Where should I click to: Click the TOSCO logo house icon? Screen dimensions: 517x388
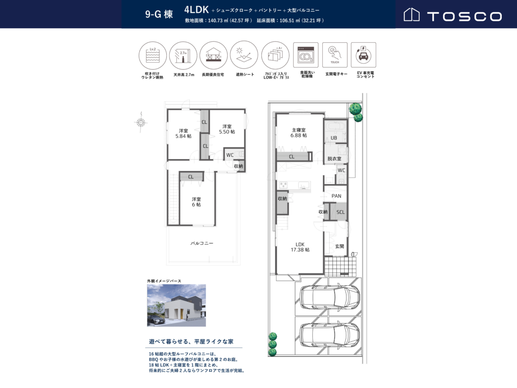point(411,14)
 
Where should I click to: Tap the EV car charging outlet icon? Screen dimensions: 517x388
point(364,55)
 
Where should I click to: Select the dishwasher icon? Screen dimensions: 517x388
point(306,55)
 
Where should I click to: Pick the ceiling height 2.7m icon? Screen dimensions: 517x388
point(183,56)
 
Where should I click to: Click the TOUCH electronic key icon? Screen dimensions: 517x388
point(335,55)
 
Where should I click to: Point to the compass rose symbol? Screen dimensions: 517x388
point(141,122)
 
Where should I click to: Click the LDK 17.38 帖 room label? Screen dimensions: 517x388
point(300,247)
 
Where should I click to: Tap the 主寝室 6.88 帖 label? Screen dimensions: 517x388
point(299,133)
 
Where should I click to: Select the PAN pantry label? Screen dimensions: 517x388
point(336,196)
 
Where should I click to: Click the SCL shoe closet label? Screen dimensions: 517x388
point(341,212)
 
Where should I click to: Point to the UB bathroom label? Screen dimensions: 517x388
point(334,138)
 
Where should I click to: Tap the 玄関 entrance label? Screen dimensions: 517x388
point(339,247)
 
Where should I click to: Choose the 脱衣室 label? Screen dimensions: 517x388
point(334,159)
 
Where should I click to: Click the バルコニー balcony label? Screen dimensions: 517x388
point(202,243)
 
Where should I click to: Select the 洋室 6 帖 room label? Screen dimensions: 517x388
point(196,202)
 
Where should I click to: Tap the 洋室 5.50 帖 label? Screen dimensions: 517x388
point(227,129)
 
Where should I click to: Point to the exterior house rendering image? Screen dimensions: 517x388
point(176,305)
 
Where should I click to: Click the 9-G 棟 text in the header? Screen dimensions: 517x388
point(159,14)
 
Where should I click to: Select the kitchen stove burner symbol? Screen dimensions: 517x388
point(283,185)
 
